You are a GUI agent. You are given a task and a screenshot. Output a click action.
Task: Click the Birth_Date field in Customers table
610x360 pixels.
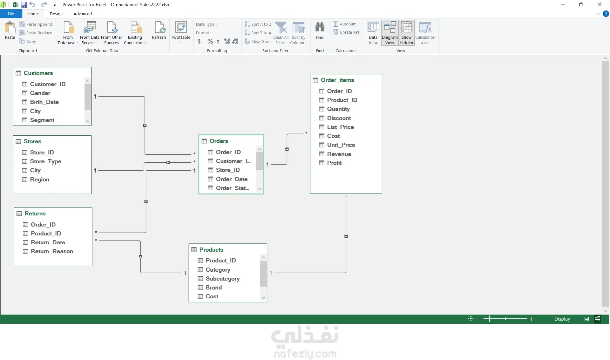[x=44, y=102]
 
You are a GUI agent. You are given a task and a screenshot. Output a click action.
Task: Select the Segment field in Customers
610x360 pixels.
[x=42, y=120]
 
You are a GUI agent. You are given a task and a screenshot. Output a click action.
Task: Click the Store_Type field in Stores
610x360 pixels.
[x=45, y=161]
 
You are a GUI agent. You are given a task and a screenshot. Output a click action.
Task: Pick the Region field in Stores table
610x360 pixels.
[x=39, y=180]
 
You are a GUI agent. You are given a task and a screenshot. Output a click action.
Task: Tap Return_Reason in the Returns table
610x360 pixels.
[x=52, y=251]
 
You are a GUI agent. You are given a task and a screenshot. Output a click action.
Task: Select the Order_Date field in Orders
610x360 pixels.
[x=232, y=179]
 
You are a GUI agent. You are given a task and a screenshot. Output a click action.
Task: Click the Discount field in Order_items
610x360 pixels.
[x=339, y=118]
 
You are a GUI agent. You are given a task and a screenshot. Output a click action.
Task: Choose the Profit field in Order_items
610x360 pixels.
[x=334, y=163]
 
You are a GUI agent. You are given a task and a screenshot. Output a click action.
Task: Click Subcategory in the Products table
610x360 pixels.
[x=222, y=279]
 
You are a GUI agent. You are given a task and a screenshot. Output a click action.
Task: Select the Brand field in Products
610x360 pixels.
[x=213, y=288]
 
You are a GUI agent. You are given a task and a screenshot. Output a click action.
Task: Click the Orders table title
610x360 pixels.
[x=219, y=141]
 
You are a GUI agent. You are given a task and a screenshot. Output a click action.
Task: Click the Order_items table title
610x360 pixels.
[x=337, y=80]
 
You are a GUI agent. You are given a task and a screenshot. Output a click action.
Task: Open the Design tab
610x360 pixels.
[x=56, y=14]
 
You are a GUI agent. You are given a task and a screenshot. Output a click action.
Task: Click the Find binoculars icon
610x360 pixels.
[x=320, y=27]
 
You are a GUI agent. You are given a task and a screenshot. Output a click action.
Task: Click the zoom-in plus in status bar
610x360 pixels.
[x=531, y=319]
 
